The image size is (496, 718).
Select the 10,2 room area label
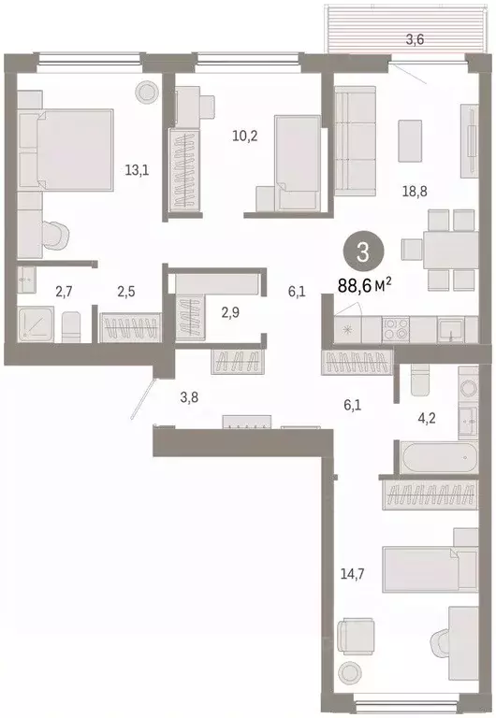(245, 135)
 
